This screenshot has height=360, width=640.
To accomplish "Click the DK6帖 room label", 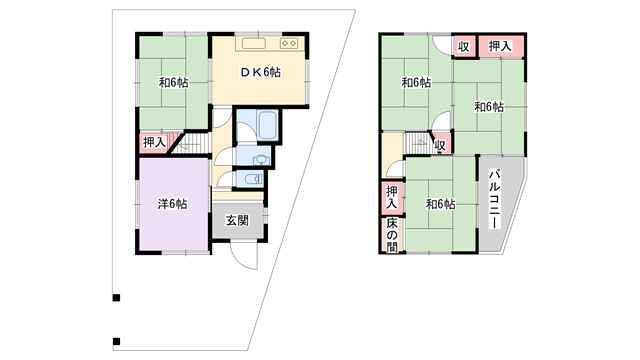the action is click(260, 72).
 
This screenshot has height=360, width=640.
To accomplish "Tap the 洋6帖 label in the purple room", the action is click(173, 204).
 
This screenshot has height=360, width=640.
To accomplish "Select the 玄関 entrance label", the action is click(237, 221).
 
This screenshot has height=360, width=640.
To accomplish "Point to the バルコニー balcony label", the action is click(495, 199).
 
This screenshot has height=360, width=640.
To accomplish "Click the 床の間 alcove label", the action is click(392, 235).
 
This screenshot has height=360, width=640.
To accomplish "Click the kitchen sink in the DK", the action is click(253, 43).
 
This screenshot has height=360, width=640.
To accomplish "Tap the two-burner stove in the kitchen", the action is click(289, 43).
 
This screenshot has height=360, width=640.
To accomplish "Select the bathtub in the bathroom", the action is click(268, 124).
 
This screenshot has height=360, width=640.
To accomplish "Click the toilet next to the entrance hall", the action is click(254, 179).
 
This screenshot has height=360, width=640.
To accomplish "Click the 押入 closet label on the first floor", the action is click(154, 142).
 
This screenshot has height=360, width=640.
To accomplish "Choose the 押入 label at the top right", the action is click(500, 46).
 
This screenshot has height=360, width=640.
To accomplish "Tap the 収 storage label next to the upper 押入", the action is click(463, 47).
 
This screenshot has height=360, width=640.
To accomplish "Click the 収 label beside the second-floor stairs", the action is click(440, 145).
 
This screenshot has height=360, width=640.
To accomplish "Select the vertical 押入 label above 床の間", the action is click(392, 198).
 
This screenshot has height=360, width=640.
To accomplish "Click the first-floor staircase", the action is click(192, 143).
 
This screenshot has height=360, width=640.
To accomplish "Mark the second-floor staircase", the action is click(418, 143).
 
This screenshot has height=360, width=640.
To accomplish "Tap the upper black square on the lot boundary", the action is click(116, 298).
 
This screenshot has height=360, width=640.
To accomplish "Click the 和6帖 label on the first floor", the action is click(173, 83).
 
